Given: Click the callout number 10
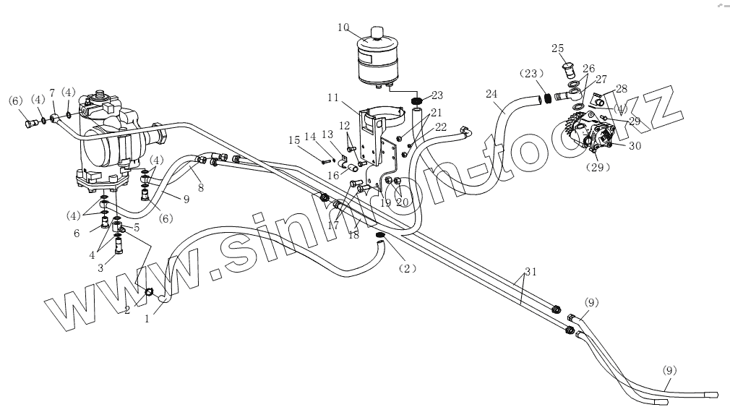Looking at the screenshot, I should point(343,28).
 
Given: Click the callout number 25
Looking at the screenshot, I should point(558,48).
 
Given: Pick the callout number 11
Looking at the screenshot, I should point(333,97).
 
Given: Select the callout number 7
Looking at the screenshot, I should point(52,93).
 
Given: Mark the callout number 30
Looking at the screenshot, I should point(635,145).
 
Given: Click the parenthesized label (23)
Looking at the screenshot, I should point(531,74).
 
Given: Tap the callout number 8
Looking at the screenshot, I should point(200,187).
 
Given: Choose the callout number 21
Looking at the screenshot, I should point(436,113).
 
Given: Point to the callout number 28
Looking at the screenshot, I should point(622,88).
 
